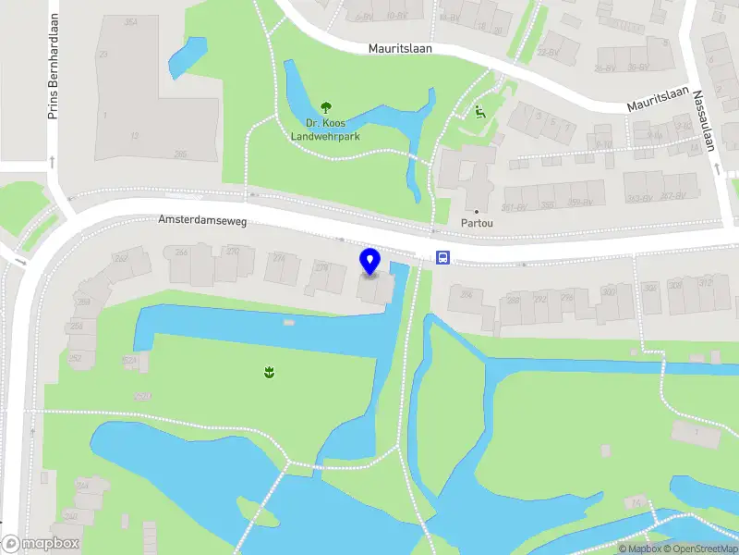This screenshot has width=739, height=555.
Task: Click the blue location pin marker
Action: (370, 262)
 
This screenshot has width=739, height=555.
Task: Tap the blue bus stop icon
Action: (443, 258)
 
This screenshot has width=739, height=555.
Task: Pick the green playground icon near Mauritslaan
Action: (479, 113)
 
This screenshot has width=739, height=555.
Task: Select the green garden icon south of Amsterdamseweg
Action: (268, 372)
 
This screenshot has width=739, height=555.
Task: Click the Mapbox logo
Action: (40, 544)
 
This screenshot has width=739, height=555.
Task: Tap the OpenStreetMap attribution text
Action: (703, 549)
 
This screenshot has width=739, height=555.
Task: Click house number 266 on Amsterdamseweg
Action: (181, 253)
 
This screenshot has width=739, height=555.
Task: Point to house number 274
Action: (279, 259)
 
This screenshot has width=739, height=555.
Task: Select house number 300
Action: (608, 292)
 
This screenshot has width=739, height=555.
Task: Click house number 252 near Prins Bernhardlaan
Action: (75, 358)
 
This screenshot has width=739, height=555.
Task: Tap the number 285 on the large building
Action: (180, 154)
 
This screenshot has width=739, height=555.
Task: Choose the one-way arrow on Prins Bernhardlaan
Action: (53, 162)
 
